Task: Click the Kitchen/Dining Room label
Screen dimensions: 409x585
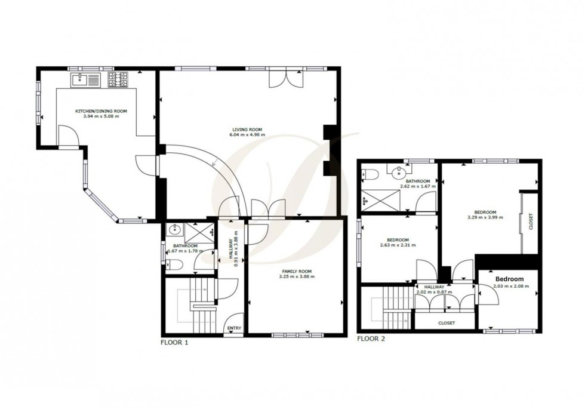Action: [x=101, y=111]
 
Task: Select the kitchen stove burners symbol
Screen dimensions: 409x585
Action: [x=118, y=79]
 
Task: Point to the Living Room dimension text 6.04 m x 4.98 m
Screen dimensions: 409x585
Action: [x=248, y=135]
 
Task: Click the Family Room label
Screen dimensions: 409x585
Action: [x=297, y=271]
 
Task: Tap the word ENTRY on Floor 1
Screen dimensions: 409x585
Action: [x=233, y=328]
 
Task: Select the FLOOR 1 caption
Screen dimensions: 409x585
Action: [x=175, y=343]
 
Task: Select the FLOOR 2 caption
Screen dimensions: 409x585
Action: [x=371, y=339]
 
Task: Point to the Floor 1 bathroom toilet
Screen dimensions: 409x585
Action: [x=170, y=267]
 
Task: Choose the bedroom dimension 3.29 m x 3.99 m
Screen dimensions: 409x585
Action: [x=485, y=217]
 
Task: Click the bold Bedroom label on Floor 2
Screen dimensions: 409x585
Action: [x=509, y=279]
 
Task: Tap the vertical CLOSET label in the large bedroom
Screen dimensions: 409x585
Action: [x=531, y=222]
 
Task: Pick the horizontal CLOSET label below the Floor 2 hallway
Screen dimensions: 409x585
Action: [x=446, y=323]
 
